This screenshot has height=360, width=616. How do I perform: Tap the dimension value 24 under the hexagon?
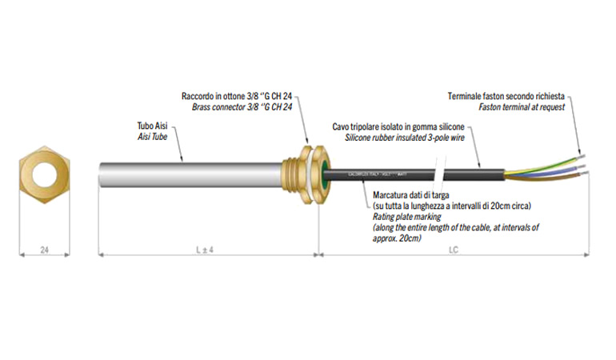45,250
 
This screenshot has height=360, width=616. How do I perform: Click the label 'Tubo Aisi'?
151,126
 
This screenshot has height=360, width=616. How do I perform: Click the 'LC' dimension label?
454,250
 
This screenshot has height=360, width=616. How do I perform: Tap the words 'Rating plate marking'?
405,217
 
